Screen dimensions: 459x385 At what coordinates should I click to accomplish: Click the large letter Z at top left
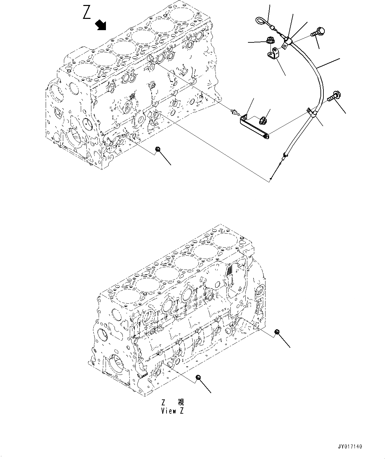pos(87,13)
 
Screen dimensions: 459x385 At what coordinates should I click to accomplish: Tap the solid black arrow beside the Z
pos(100,25)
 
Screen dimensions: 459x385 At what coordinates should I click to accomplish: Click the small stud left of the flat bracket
pos(235,113)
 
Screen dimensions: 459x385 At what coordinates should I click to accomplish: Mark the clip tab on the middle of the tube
pos(310,111)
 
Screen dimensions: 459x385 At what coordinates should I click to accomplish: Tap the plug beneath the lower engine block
pos(198,377)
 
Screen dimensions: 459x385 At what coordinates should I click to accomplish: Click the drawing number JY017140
pos(350,446)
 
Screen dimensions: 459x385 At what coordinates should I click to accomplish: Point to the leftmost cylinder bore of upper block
pos(79,71)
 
